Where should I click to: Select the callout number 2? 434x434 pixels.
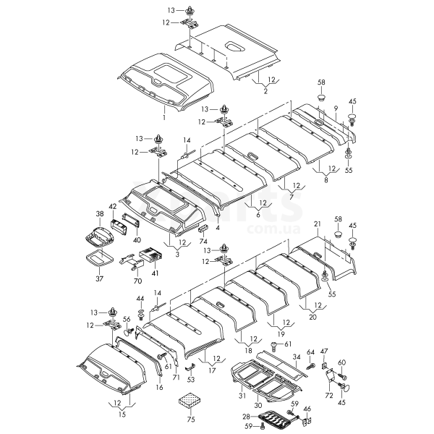(265, 91)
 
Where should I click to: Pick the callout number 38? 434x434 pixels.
(100, 214)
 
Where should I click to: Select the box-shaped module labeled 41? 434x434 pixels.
(150, 256)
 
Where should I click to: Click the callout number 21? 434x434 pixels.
(316, 223)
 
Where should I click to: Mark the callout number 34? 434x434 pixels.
(296, 357)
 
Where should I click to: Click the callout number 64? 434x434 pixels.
(310, 352)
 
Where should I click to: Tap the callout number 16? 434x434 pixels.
(159, 388)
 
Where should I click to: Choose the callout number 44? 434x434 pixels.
(140, 299)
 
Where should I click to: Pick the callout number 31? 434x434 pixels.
(242, 394)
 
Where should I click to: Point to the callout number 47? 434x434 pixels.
(324, 351)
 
